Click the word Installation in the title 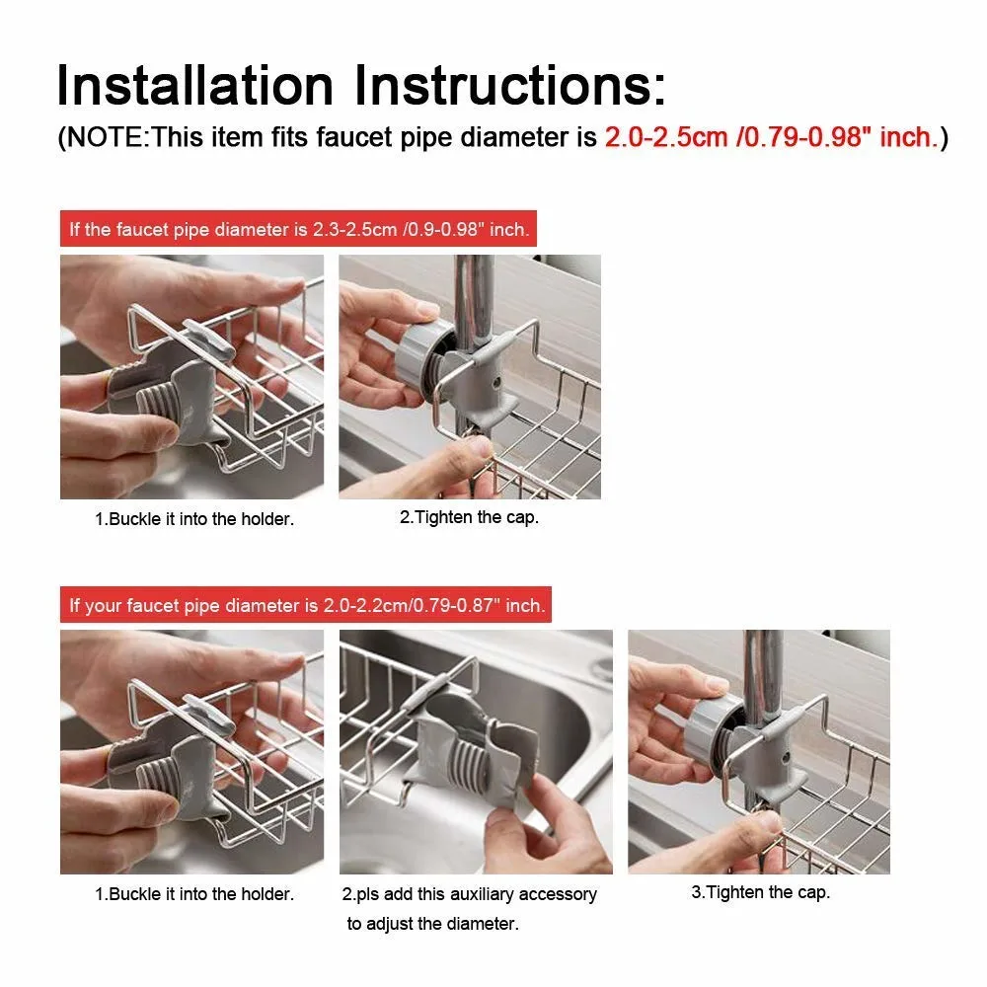point(195,85)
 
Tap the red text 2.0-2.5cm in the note point(666,137)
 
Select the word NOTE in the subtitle point(105,137)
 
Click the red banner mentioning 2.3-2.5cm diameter point(298,229)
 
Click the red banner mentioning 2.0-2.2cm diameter point(306,604)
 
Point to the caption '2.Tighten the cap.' point(470,517)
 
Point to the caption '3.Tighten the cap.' point(760,892)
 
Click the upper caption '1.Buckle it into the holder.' point(194,519)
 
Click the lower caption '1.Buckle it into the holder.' point(194,894)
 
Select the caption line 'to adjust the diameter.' point(433,924)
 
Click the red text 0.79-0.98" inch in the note point(837,137)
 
